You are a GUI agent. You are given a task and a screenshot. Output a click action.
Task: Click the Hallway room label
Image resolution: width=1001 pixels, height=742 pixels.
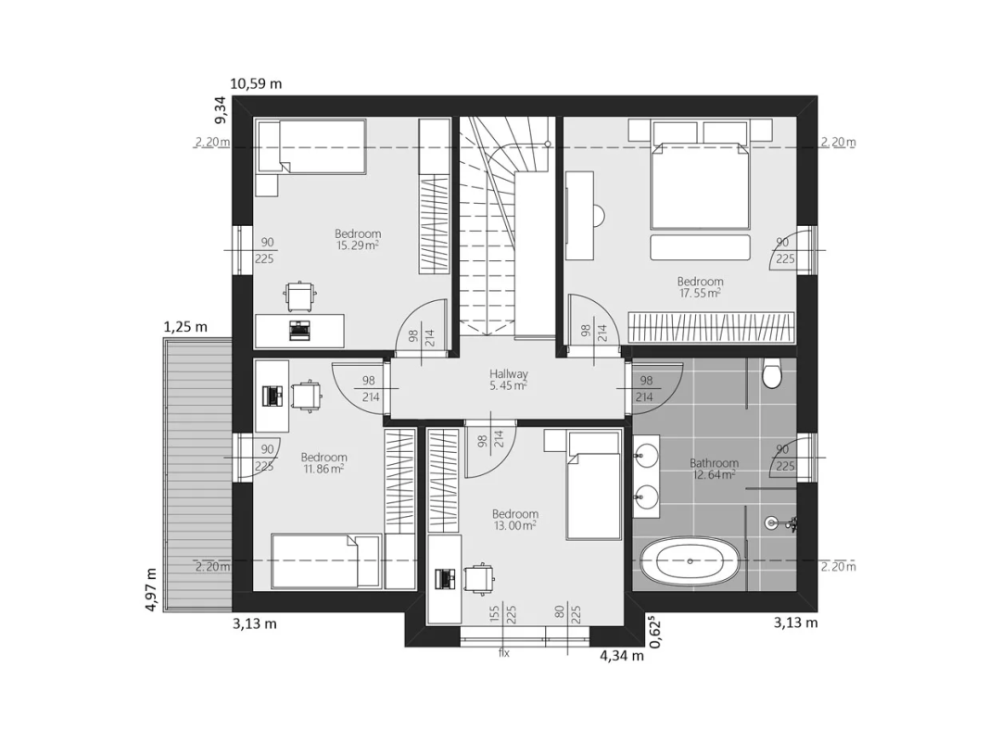[x=509, y=374]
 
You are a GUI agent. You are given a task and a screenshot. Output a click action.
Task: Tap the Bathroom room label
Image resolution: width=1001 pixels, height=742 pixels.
[x=714, y=463]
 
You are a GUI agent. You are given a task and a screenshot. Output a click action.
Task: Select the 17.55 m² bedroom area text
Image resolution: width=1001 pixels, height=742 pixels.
[x=701, y=294]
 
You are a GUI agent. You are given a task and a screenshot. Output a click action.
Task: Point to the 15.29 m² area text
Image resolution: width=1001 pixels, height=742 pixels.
[x=358, y=245]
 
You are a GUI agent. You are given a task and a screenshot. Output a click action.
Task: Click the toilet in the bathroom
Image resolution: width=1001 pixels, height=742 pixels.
[x=772, y=374]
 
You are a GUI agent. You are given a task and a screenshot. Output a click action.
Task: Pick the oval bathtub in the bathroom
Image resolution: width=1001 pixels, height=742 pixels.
[x=691, y=561]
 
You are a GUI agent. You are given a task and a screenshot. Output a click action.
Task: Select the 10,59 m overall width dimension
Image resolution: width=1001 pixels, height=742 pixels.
[x=256, y=83]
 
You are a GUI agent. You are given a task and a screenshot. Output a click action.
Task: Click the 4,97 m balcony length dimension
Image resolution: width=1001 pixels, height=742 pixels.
[x=151, y=589]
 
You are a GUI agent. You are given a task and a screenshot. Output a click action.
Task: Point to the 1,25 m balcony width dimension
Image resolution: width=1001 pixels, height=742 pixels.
[x=185, y=327]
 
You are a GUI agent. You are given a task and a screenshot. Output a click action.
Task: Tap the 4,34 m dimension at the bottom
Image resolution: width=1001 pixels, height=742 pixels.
[x=622, y=655]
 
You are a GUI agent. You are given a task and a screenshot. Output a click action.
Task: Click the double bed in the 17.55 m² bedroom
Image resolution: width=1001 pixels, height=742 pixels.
[x=700, y=185]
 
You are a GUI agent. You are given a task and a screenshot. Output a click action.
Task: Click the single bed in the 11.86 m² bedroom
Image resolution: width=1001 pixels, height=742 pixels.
[x=325, y=560]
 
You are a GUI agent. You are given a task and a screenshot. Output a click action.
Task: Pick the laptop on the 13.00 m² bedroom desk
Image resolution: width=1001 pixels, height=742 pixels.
[x=443, y=578]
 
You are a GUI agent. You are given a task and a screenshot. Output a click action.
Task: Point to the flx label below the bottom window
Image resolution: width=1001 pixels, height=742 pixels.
[x=503, y=653]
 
